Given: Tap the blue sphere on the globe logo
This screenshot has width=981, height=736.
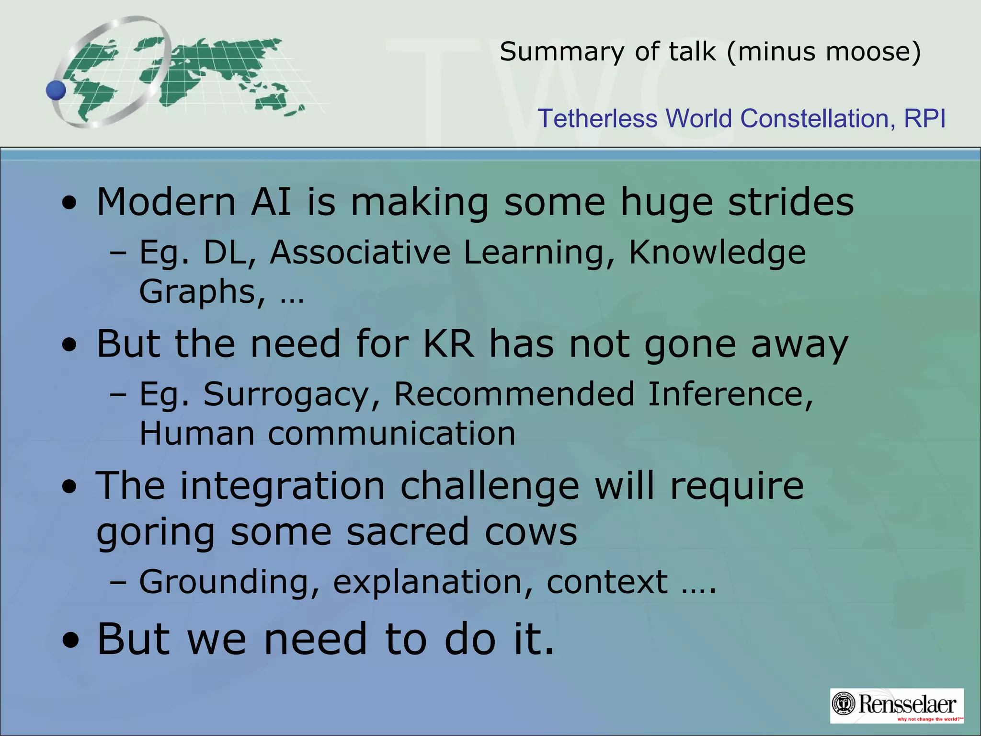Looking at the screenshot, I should click(x=56, y=90).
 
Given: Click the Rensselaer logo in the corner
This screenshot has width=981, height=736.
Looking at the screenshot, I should click(x=896, y=705).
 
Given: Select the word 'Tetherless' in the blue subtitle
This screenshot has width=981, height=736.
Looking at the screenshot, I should click(x=597, y=118).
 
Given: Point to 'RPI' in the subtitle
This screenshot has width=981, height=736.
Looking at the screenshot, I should click(x=924, y=118).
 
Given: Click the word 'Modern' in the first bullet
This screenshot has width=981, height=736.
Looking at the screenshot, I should click(x=166, y=202).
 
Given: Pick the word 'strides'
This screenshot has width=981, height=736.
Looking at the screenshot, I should click(x=791, y=202).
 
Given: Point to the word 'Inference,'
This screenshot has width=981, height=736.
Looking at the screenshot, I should click(x=730, y=394).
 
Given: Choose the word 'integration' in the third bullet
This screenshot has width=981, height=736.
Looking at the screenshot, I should click(x=283, y=486).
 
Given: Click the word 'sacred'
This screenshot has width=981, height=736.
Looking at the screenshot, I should click(x=408, y=532).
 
